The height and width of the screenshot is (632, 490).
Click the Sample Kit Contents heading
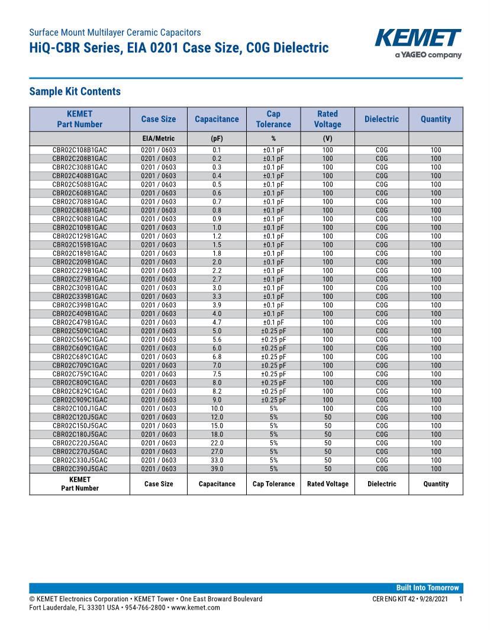click(x=75, y=91)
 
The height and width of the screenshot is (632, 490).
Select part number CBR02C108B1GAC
click(x=80, y=150)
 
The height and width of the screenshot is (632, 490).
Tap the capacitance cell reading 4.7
click(x=217, y=323)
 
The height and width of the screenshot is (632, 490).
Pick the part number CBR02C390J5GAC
click(x=80, y=469)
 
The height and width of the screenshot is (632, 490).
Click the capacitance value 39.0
click(x=217, y=469)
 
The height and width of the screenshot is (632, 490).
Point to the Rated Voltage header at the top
click(x=327, y=119)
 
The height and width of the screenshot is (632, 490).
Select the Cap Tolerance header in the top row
click(x=273, y=119)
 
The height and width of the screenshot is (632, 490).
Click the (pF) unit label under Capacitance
click(x=217, y=138)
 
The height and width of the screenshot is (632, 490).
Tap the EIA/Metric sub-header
click(x=158, y=138)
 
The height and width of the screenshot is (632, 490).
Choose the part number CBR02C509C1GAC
click(x=80, y=331)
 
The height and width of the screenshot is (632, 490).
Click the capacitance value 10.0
click(x=217, y=408)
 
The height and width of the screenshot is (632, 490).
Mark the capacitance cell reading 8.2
click(x=217, y=391)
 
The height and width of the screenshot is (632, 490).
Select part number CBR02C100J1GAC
click(x=80, y=408)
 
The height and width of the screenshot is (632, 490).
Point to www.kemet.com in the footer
click(x=195, y=607)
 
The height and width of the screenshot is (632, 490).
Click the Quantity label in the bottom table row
click(x=436, y=484)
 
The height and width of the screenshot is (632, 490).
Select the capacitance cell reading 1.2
click(x=217, y=236)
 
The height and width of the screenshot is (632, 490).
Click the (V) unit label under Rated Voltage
click(x=327, y=138)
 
